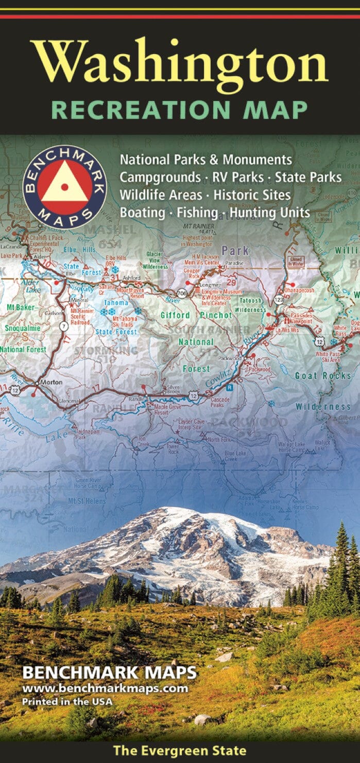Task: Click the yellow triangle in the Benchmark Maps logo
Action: click(64, 183)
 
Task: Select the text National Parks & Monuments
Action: click(206, 160)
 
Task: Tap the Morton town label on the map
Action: click(50, 382)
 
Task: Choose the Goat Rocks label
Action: click(323, 376)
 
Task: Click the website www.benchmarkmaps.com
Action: click(105, 688)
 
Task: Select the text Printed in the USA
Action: click(67, 701)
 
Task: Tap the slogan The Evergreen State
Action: click(180, 751)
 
